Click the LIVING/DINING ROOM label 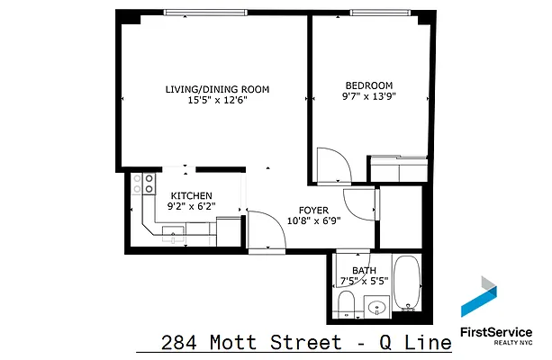tap(217, 89)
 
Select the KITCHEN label tap(191, 195)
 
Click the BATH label tap(364, 270)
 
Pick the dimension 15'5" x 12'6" tap(217, 101)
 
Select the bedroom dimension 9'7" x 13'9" tap(368, 95)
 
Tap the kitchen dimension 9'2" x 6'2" tap(191, 206)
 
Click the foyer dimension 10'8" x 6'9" tap(307, 220)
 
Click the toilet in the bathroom tap(346, 304)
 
